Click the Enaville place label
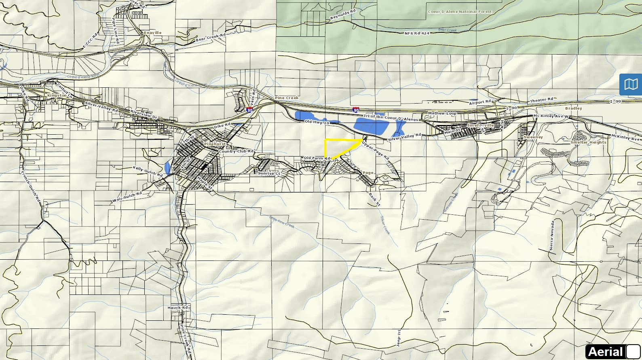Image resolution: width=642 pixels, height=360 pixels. click(152, 33)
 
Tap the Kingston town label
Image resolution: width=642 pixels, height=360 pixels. click(57, 95)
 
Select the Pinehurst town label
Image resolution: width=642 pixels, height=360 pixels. click(215, 144)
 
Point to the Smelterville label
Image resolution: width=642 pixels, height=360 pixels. click(480, 125)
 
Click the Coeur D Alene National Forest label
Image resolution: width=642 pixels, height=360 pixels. click(460, 12)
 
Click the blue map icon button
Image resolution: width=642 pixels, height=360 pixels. click(630, 84)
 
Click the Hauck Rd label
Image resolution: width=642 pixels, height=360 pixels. click(178, 308)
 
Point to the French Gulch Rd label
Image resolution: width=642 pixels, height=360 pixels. click(31, 186)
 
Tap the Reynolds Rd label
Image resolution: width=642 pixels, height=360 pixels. click(343, 15)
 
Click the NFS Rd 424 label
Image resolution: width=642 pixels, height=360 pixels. click(417, 33)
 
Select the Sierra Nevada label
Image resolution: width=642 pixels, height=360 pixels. click(552, 235)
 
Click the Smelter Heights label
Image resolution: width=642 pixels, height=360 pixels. click(588, 142)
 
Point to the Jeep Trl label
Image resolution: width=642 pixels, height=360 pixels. click(399, 338)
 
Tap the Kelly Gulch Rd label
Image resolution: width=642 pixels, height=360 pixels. click(148, 171)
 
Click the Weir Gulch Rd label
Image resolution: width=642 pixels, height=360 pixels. click(127, 197)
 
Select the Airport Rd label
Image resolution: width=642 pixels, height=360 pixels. click(480, 102)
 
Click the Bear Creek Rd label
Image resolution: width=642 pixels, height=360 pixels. click(211, 38)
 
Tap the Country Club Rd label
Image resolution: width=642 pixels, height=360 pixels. click(237, 151)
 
